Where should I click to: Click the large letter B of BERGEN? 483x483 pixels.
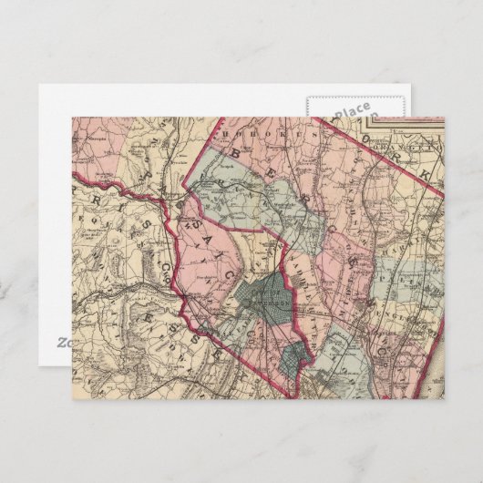234,158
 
